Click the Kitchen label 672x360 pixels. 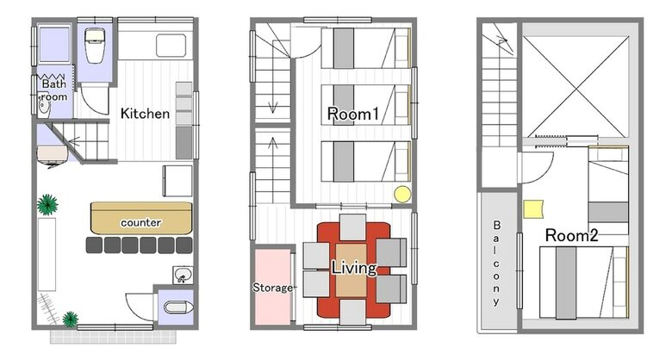click(x=145, y=114)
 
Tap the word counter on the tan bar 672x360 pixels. click(x=141, y=222)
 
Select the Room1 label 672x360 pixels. click(x=353, y=114)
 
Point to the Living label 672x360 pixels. click(x=354, y=268)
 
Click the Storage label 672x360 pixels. click(x=272, y=288)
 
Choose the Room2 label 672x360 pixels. click(x=571, y=235)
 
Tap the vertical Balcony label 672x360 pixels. click(x=496, y=263)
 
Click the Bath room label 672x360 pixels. click(x=54, y=90)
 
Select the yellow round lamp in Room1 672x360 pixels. click(x=402, y=194)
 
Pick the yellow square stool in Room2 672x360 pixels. click(x=533, y=209)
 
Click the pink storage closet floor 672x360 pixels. click(x=273, y=286)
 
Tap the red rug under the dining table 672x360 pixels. click(x=353, y=270)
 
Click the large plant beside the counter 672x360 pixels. click(x=47, y=205)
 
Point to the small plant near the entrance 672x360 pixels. click(x=71, y=320)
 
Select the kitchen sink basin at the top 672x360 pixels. click(x=171, y=46)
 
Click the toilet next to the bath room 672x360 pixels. click(x=95, y=46)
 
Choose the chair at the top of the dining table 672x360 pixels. click(x=352, y=227)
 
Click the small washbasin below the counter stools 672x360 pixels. click(x=183, y=275)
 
